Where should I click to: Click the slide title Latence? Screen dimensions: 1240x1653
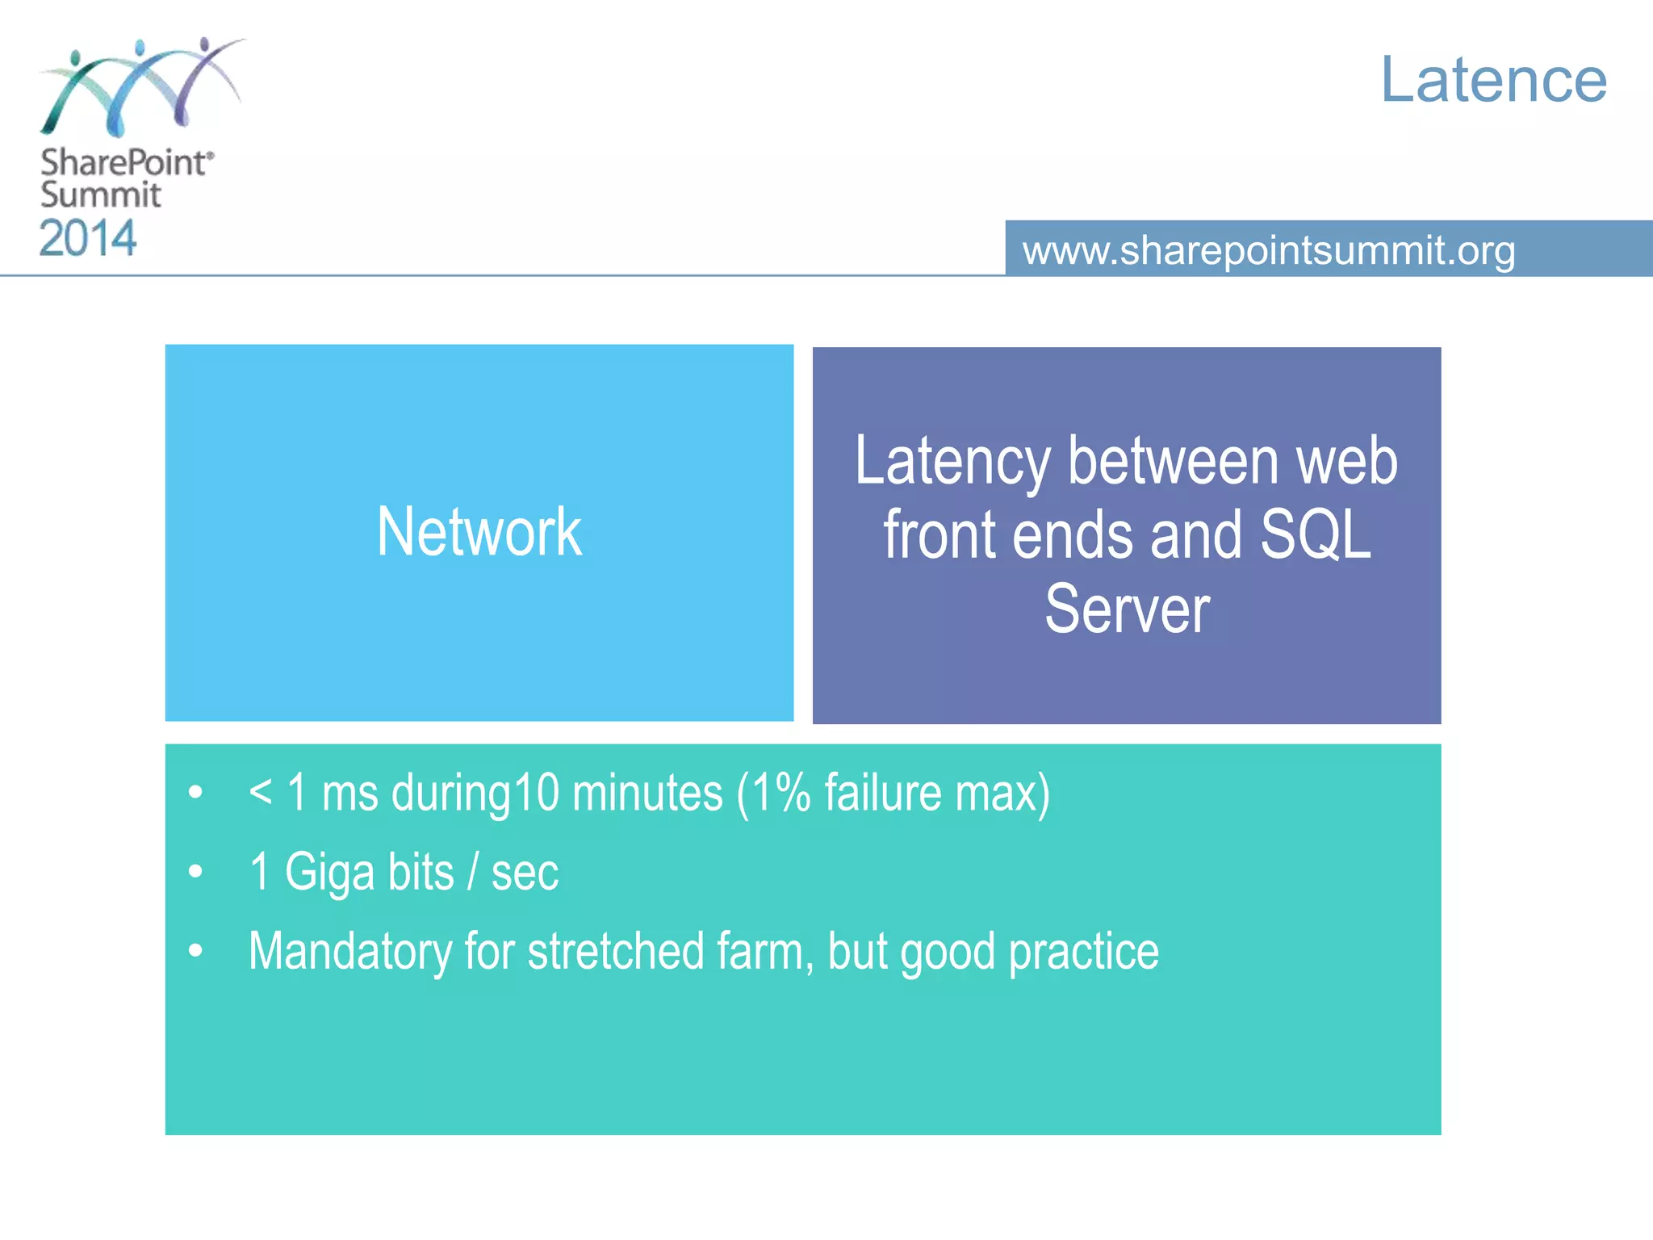1493,80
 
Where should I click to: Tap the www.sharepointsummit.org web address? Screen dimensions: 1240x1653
1268,250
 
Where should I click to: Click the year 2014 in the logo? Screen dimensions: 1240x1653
88,239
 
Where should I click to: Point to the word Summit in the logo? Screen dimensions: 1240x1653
101,195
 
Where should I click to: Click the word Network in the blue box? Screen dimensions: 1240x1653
479,532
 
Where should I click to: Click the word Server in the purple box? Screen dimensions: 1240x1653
1127,610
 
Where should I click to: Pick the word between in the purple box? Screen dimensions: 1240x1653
1174,461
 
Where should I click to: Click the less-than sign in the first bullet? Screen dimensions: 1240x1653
260,791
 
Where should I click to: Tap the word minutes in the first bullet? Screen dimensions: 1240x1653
647,793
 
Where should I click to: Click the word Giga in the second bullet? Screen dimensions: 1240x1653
329,873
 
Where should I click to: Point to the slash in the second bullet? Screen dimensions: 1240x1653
473,873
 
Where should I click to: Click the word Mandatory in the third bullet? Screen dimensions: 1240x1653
349,952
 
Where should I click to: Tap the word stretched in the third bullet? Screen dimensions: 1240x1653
615,952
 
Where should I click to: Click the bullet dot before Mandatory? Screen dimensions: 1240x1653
195,951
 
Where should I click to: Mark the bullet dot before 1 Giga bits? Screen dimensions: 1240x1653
195,872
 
